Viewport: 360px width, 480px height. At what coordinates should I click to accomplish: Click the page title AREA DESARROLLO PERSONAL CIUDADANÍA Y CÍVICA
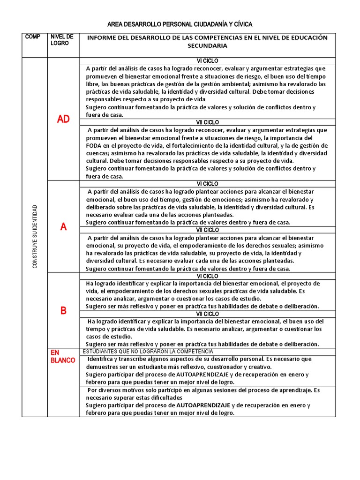pyautogui.click(x=180, y=24)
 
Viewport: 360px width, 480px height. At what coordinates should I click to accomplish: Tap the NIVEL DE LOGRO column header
pyautogui.click(x=62, y=40)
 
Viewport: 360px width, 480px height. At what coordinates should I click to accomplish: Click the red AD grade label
pyautogui.click(x=63, y=119)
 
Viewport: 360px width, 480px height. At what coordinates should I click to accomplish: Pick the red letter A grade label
pyautogui.click(x=63, y=227)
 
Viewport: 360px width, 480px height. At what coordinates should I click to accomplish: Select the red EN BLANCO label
pyautogui.click(x=62, y=356)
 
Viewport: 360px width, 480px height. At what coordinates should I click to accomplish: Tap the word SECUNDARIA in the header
pyautogui.click(x=207, y=46)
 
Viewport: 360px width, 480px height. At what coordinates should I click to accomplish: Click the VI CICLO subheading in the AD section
pyautogui.click(x=207, y=61)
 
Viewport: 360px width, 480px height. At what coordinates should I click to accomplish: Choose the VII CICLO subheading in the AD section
pyautogui.click(x=207, y=122)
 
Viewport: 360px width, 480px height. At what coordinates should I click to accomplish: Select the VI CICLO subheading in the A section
pyautogui.click(x=207, y=184)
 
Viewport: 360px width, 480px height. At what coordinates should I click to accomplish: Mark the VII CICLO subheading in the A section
pyautogui.click(x=207, y=230)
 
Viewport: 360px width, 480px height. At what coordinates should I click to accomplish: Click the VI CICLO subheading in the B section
pyautogui.click(x=207, y=276)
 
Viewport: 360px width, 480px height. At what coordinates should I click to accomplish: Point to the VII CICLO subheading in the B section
pyautogui.click(x=207, y=314)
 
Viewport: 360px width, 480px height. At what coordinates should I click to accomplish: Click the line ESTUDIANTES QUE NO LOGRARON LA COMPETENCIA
pyautogui.click(x=148, y=352)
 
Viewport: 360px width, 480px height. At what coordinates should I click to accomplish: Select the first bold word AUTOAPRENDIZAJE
pyautogui.click(x=203, y=375)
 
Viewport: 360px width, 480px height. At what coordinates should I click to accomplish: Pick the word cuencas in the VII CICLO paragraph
pyautogui.click(x=97, y=153)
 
